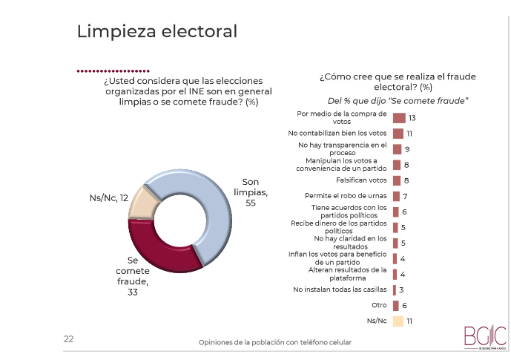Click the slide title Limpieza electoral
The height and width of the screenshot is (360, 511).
click(157, 31)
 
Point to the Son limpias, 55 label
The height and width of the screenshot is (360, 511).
click(255, 192)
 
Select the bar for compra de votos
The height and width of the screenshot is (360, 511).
click(398, 118)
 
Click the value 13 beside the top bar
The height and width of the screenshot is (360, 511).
click(412, 118)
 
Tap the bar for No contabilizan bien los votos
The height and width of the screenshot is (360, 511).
click(398, 134)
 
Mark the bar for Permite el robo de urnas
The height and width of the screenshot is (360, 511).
click(396, 196)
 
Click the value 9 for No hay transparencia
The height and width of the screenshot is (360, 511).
click(407, 149)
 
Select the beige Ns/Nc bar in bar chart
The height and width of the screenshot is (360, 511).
click(398, 321)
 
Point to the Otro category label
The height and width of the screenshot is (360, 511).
click(379, 305)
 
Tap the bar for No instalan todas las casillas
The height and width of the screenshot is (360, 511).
click(394, 289)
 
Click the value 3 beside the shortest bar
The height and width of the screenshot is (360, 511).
click(401, 289)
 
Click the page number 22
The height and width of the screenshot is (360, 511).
click(68, 338)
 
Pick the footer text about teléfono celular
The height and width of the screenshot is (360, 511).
click(274, 342)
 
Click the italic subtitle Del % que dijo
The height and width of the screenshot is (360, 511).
click(398, 100)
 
